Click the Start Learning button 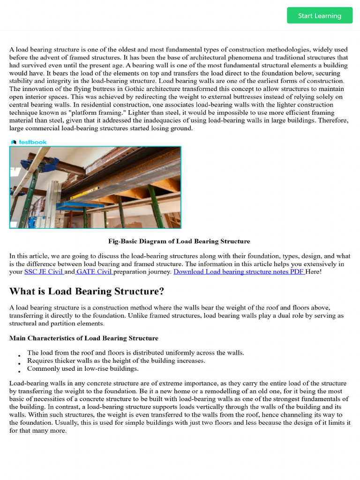[x=320, y=15]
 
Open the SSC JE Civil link [x=44, y=271]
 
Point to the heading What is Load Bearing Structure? [x=87, y=291]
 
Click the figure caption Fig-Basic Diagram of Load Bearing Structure [x=179, y=241]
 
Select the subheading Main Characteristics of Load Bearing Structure [x=84, y=338]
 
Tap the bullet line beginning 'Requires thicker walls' [x=116, y=360]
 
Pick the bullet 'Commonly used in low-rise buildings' [x=83, y=368]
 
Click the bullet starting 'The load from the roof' [x=135, y=352]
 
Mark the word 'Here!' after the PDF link [x=314, y=271]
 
